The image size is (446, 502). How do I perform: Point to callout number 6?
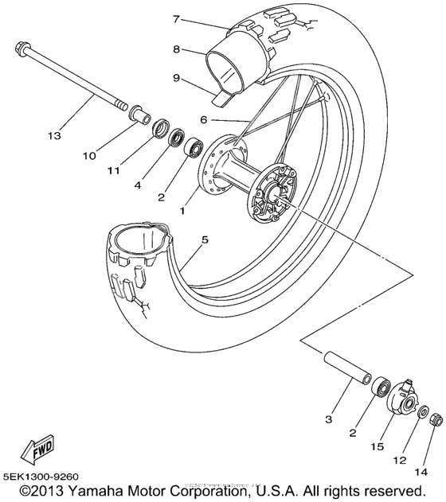(x=203, y=120)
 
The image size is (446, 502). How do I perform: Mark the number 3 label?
(x=330, y=418)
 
